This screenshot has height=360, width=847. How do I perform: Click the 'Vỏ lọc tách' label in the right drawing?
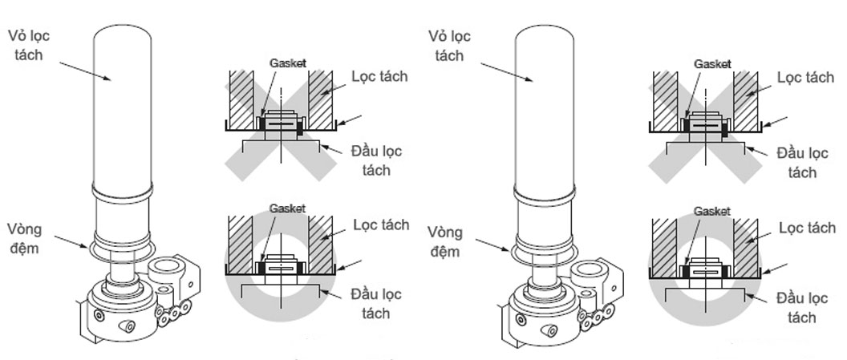[449, 47]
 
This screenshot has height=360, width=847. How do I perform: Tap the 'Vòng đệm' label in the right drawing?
[449, 242]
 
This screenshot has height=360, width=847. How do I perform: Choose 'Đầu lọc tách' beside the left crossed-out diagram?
[376, 160]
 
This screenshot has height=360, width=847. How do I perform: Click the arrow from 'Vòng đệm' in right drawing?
[493, 245]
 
